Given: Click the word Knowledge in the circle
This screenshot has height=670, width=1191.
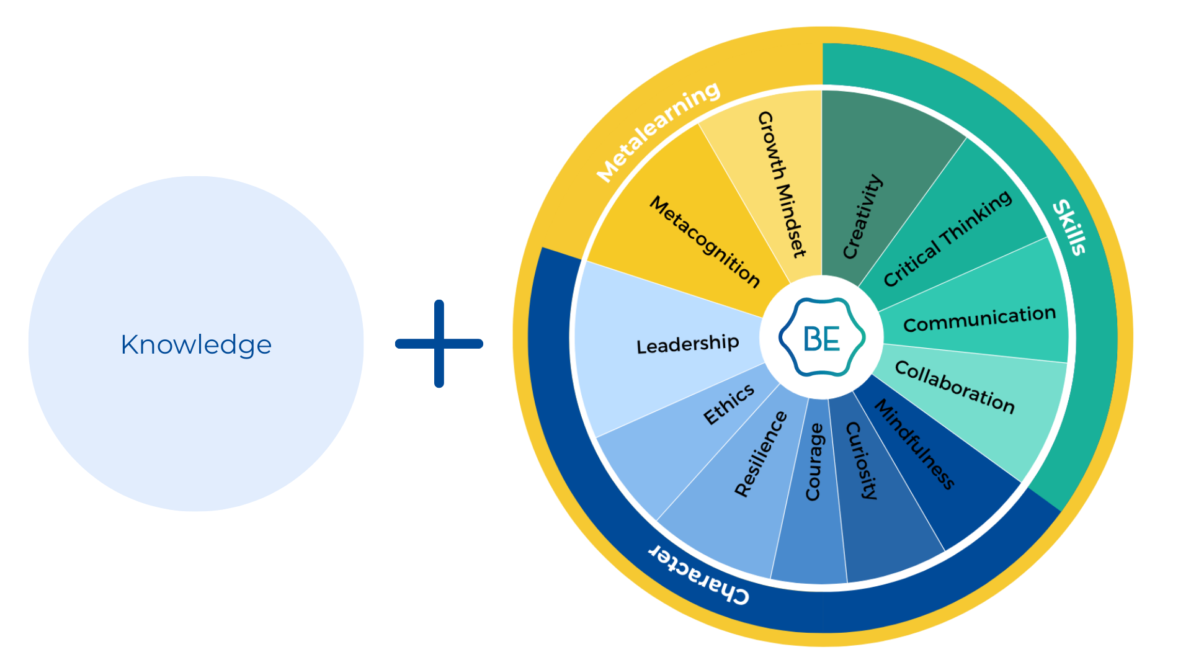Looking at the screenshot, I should point(196,345).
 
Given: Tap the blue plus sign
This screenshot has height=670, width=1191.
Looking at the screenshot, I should point(439,344).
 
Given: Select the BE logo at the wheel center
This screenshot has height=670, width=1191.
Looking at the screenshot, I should point(822,338).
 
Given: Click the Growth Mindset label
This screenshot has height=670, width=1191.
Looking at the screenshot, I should point(782,184).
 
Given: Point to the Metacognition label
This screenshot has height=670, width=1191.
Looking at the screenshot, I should point(705,242).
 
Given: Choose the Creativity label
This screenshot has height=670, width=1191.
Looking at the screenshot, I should point(862,217).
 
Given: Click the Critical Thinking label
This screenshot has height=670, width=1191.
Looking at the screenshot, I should point(947,238).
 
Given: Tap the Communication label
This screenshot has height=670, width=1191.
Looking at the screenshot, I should point(979,319).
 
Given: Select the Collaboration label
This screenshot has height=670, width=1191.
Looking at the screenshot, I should point(955,387).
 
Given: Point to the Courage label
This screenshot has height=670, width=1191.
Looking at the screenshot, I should point(814,462).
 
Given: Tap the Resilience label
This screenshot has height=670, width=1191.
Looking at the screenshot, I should point(761,453).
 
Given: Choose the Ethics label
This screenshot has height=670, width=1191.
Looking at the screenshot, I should point(729,404).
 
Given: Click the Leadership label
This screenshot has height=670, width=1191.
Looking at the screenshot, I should point(687,344).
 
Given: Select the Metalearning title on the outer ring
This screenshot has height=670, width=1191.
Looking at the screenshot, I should point(658,132).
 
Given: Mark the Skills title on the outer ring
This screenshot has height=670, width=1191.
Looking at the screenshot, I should point(1070,227).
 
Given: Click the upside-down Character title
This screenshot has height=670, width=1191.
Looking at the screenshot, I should point(699,574).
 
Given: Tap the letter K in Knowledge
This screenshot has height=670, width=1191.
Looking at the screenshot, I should point(129,345).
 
